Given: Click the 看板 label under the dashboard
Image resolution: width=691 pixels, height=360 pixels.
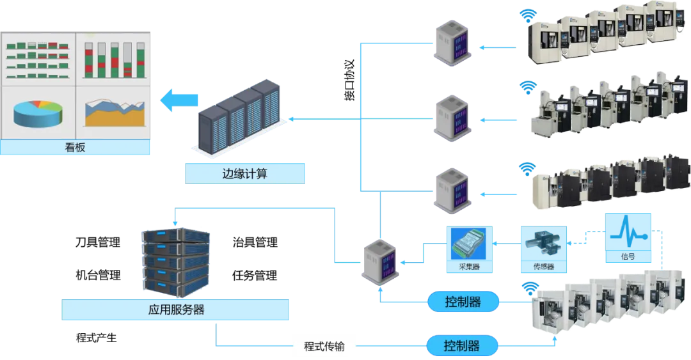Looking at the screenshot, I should click(75, 148).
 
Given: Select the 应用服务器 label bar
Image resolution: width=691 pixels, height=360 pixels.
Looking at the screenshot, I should click(176, 309).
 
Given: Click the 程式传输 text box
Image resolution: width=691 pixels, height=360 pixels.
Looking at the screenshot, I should click(324, 347).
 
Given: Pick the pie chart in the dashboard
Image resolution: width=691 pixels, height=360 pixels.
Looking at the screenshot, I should click(38, 113).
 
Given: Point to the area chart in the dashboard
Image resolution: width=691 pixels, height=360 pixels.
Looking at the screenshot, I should click(113, 113).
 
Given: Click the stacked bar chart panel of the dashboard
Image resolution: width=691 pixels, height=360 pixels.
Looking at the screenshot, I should click(113, 60).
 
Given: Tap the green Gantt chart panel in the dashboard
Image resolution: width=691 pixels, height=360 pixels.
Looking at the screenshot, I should click(38, 60).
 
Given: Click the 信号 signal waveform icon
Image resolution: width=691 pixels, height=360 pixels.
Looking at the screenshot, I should click(628, 238).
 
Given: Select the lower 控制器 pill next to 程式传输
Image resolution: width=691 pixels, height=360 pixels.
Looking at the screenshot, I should click(463, 346).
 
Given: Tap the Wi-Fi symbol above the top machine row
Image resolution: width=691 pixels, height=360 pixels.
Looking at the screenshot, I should click(528, 14).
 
